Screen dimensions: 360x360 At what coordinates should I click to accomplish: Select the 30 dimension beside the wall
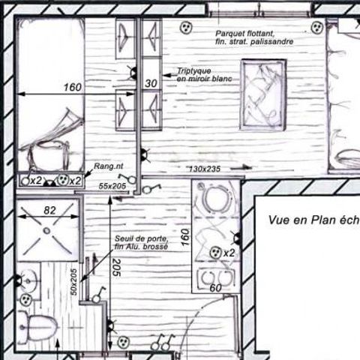pyautogui.click(x=150, y=83)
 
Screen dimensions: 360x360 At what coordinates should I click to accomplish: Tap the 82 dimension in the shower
pyautogui.click(x=49, y=211)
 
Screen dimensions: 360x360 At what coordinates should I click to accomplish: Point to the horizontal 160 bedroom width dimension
pyautogui.click(x=72, y=88)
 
